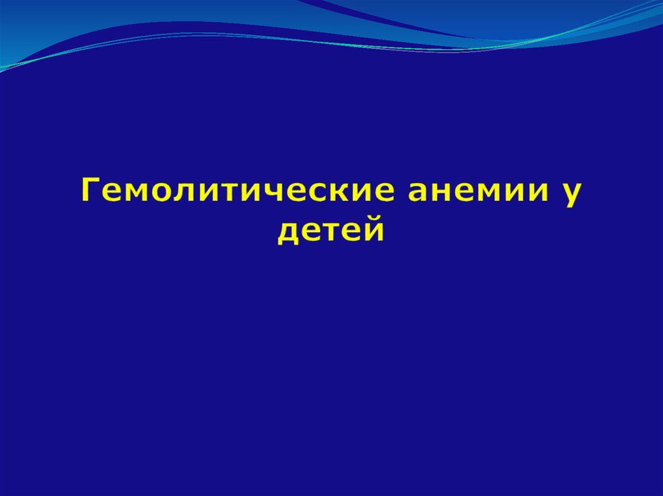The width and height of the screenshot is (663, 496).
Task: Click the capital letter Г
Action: click(x=91, y=189)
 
